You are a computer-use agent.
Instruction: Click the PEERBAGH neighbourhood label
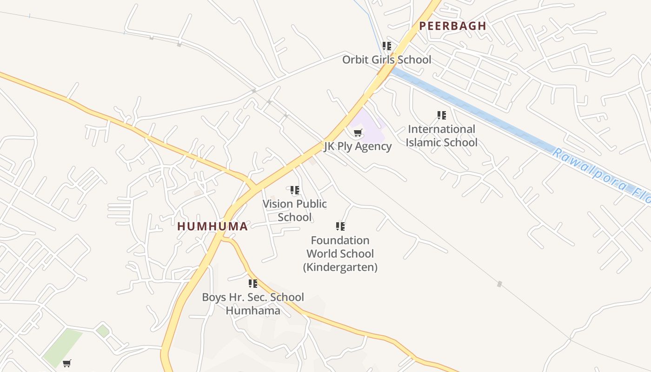452,26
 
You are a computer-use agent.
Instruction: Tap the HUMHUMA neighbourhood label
213,226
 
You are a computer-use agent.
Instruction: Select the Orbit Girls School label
386,60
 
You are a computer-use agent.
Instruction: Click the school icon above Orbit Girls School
386,46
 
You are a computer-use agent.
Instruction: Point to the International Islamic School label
441,136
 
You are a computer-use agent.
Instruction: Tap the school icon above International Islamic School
441,115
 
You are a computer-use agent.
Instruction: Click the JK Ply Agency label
358,146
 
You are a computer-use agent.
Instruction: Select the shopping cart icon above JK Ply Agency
358,133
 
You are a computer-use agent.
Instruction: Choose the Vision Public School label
295,210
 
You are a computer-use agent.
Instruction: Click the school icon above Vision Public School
295,190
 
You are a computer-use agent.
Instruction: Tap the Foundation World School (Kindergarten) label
340,253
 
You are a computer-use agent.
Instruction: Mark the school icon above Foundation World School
340,226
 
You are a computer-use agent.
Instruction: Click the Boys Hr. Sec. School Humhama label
253,304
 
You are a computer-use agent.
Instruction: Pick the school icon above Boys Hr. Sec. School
253,283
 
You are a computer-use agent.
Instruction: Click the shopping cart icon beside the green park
67,363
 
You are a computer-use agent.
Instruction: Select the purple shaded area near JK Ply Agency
372,128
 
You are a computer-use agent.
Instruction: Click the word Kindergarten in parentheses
340,267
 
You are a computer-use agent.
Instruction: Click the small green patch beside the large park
102,331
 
